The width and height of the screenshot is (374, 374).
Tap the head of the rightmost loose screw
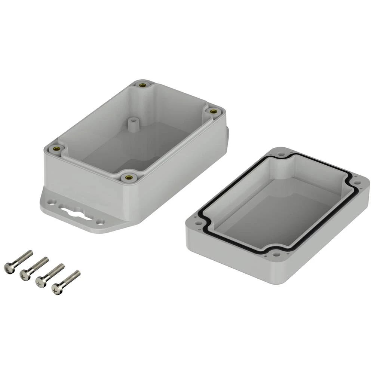[x=56, y=289]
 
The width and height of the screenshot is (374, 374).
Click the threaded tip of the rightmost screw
[x=77, y=273]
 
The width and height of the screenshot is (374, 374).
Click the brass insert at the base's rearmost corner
[x=142, y=85]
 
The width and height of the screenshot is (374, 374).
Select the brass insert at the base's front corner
[x=129, y=177]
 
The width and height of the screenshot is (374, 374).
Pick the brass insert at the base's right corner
[x=213, y=111]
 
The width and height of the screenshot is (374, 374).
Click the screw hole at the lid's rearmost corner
[x=281, y=153]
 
